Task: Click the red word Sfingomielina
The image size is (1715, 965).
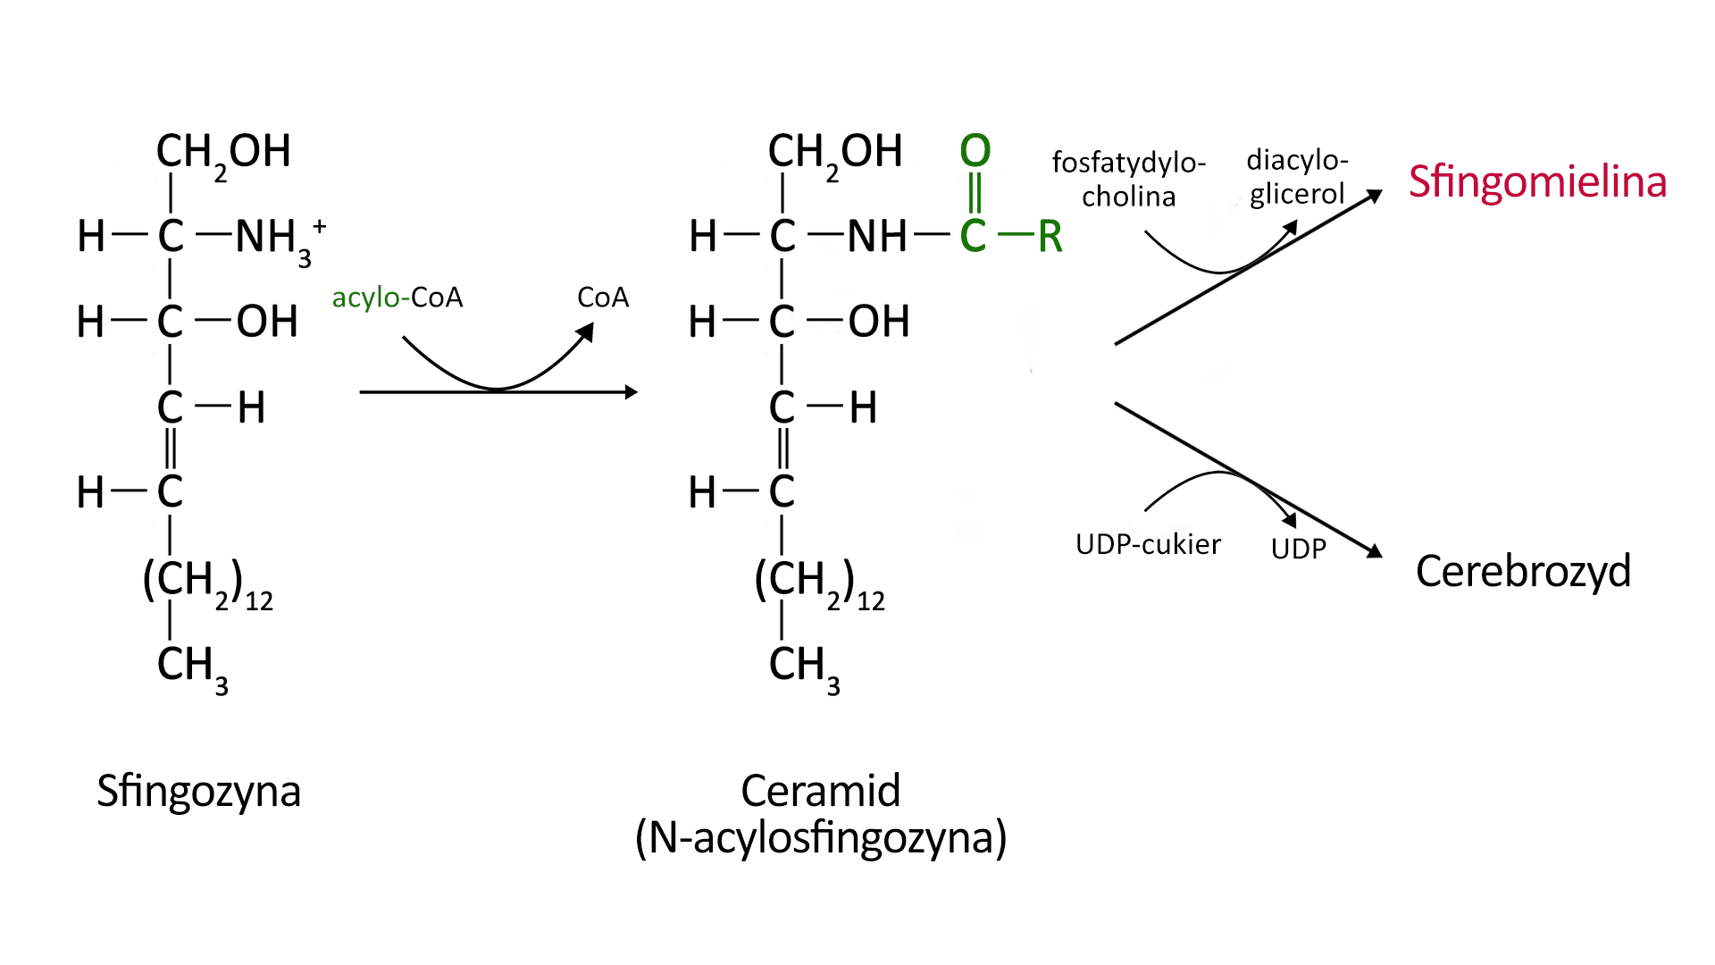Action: [1537, 182]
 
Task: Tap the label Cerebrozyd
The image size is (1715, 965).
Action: [1523, 571]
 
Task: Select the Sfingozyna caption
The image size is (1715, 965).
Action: [198, 792]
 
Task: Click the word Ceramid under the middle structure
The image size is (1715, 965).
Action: [820, 792]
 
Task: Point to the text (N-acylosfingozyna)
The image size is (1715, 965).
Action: [820, 838]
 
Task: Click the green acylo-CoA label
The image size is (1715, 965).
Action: [397, 298]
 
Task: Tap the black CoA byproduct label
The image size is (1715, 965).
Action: [603, 298]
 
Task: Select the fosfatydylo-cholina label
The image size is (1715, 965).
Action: [1129, 180]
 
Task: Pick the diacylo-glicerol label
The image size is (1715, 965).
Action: [1297, 177]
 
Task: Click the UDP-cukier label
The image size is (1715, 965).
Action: [1148, 544]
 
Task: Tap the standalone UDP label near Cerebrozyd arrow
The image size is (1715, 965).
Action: [1298, 549]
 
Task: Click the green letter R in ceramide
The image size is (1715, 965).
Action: [1050, 237]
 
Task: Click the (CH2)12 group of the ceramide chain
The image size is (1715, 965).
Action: [818, 583]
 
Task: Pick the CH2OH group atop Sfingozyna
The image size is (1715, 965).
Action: [223, 153]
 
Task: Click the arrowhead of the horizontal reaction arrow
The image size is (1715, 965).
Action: [631, 392]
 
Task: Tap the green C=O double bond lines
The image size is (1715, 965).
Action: [975, 192]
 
